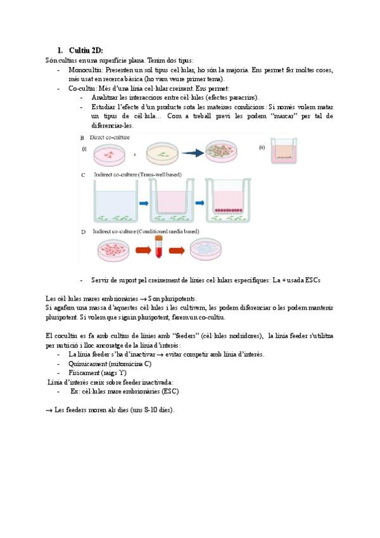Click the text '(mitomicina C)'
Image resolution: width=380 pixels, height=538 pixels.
125,364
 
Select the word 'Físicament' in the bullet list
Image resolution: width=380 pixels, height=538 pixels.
84,373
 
